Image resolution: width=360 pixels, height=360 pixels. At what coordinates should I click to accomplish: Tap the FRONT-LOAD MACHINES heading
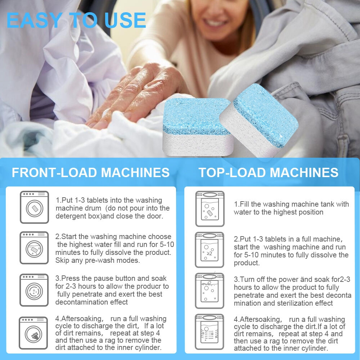coord(91,172)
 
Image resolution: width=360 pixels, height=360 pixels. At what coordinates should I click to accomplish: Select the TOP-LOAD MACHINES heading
coord(269,172)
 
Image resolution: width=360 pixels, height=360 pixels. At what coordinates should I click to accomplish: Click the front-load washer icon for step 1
coord(35,207)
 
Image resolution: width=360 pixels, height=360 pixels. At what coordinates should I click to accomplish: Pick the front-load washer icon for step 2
coord(34,248)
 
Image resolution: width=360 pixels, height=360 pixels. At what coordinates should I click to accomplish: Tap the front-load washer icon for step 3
coord(34,290)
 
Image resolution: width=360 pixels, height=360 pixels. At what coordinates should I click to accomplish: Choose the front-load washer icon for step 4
coord(33,333)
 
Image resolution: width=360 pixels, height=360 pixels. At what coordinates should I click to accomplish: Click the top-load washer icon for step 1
coord(210,209)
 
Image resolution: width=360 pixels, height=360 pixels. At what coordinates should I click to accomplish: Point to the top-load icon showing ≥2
coord(210,250)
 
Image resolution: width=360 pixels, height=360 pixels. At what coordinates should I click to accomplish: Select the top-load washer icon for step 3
coord(210,291)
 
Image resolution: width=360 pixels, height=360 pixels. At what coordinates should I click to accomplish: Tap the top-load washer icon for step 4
coord(210,332)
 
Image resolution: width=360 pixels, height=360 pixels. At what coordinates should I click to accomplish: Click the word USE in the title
coord(125,20)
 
